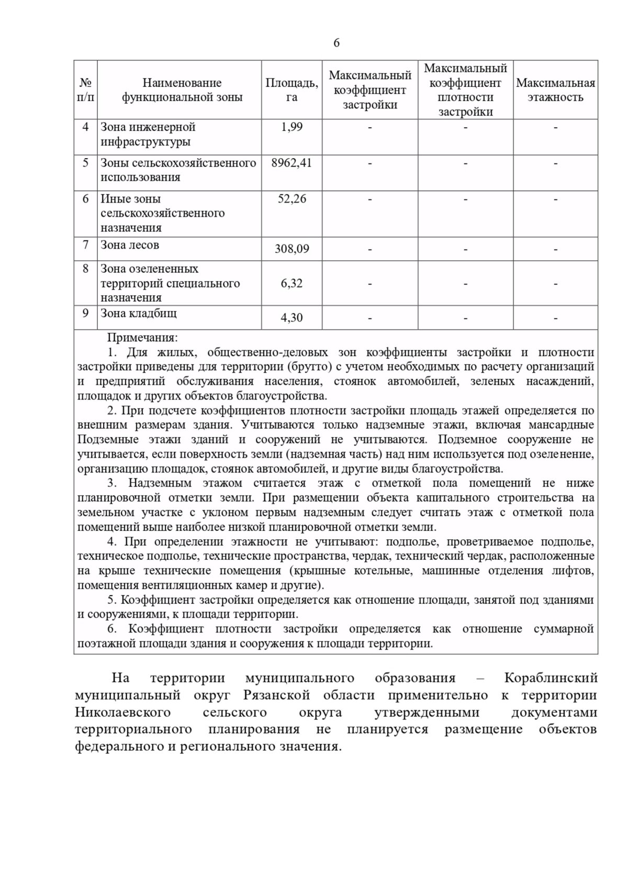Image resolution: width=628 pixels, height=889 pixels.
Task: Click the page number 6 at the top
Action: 336,43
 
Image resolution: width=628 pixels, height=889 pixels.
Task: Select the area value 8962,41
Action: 291,163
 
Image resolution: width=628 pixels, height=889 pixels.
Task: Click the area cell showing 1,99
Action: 291,127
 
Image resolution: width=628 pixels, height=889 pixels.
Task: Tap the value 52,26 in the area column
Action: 291,199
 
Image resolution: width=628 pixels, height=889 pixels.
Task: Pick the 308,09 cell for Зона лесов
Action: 291,249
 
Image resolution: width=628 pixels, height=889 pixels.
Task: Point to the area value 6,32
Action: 291,283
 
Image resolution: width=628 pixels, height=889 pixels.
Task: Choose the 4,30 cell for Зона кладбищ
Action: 291,318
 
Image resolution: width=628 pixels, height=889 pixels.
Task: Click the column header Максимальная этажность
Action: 555,90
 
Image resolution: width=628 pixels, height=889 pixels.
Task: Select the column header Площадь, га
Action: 291,90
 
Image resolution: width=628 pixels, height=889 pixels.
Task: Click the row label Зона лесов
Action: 130,245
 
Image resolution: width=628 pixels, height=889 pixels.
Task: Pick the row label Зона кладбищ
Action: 139,313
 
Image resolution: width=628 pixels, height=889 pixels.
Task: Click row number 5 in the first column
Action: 85,163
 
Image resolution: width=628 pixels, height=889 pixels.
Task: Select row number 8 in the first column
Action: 85,269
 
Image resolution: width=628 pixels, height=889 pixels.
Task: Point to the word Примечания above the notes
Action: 142,338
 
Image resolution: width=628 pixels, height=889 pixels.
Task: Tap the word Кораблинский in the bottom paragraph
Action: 551,679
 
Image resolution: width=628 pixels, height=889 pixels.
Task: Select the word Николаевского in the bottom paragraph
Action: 122,713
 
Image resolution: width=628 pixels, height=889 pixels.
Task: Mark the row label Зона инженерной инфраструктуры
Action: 148,135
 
